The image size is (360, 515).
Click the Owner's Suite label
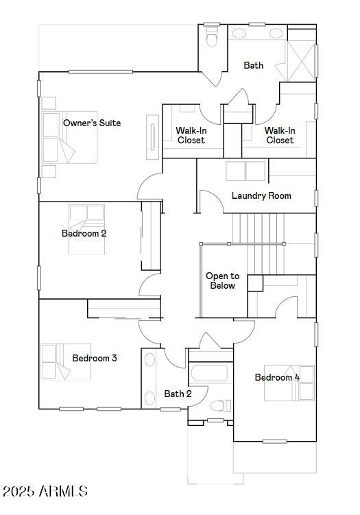(92, 123)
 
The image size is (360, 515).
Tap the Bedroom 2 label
(84, 233)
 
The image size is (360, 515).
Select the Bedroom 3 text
(95, 358)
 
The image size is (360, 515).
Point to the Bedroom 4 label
(277, 377)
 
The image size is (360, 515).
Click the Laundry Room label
(261, 195)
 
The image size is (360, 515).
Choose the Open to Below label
(222, 280)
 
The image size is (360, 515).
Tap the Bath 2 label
(178, 394)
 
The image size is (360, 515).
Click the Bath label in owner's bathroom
(253, 65)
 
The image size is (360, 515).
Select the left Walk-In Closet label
(191, 135)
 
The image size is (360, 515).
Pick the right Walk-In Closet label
(280, 135)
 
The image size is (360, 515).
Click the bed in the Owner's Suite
(69, 137)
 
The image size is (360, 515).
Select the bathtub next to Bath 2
(209, 374)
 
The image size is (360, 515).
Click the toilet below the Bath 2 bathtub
(221, 405)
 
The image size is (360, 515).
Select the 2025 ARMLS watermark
(45, 491)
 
